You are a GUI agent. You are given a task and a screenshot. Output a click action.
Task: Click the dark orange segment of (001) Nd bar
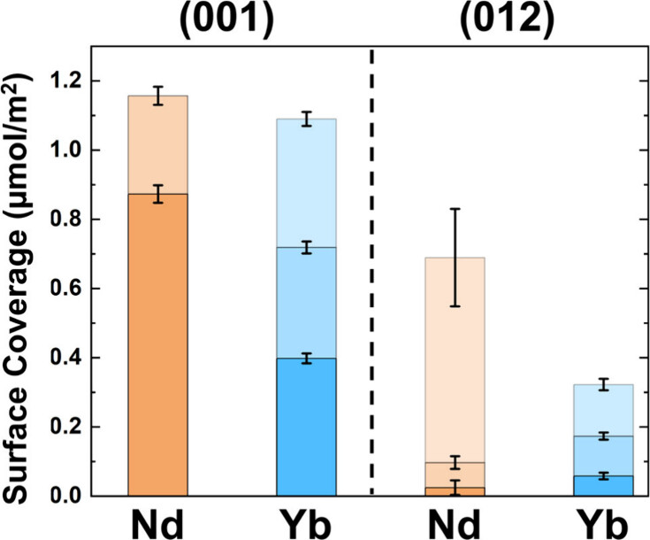click(x=158, y=345)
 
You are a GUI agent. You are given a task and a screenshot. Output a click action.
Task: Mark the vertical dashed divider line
click(x=371, y=266)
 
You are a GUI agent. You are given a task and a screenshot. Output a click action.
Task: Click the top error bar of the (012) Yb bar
click(x=603, y=384)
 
